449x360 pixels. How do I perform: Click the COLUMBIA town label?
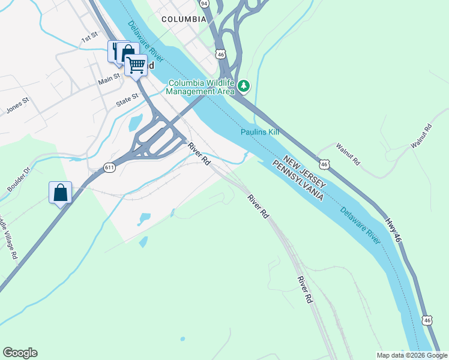[x=184, y=19]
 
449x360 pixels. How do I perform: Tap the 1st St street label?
[x=89, y=38]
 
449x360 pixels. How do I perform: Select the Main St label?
[x=109, y=79]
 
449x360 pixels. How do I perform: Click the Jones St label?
[x=17, y=106]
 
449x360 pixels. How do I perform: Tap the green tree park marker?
[x=243, y=86]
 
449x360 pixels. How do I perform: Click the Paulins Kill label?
[x=260, y=132]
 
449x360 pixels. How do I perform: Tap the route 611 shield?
[x=109, y=167]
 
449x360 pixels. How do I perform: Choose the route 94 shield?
[x=204, y=4]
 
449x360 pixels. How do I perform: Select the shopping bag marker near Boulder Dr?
[x=60, y=193]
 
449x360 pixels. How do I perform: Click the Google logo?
[x=20, y=353]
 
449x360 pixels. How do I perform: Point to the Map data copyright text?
[x=411, y=355]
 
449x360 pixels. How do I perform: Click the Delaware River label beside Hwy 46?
[x=360, y=226]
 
